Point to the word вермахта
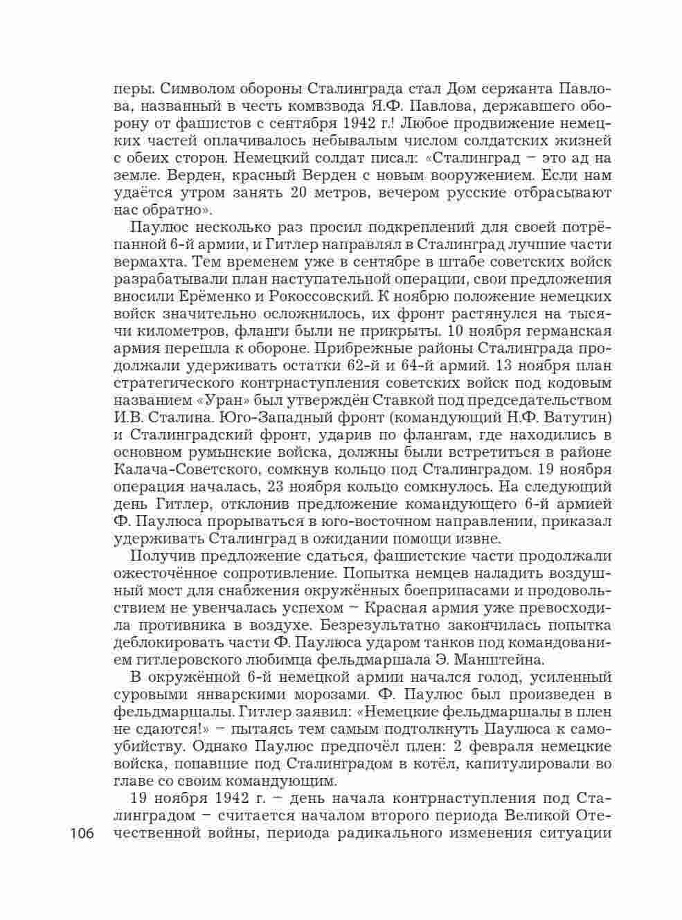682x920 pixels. pyautogui.click(x=146, y=262)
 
